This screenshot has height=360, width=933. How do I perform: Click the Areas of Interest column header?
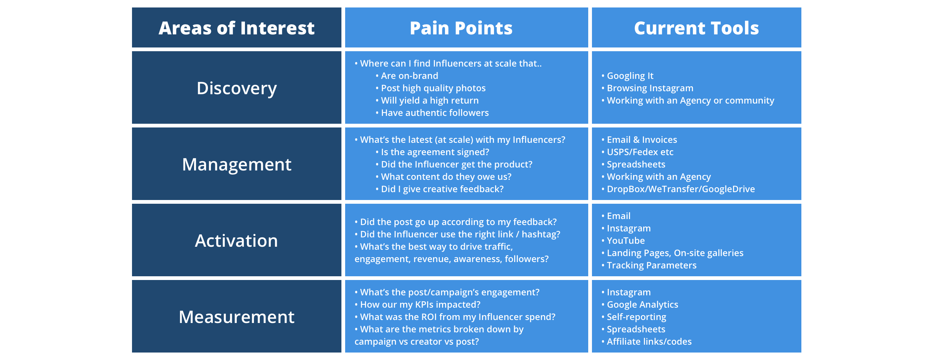pyautogui.click(x=236, y=28)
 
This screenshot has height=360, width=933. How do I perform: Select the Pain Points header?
pyautogui.click(x=461, y=28)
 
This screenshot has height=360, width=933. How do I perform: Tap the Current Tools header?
pyautogui.click(x=696, y=28)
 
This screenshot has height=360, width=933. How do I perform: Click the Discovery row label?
pyautogui.click(x=237, y=89)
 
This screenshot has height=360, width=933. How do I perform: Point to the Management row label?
pyautogui.click(x=237, y=165)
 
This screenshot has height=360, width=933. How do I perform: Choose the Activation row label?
pyautogui.click(x=236, y=241)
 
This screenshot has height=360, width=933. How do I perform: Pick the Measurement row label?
pyautogui.click(x=236, y=317)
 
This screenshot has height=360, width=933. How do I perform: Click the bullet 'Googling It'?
pyautogui.click(x=627, y=76)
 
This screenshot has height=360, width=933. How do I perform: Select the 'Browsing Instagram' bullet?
pyautogui.click(x=647, y=88)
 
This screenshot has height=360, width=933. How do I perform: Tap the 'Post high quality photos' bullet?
pyautogui.click(x=430, y=88)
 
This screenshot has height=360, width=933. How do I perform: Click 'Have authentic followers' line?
pyautogui.click(x=432, y=113)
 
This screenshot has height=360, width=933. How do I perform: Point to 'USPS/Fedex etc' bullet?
pyautogui.click(x=637, y=152)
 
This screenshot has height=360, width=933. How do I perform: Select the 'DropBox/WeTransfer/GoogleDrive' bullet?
pyautogui.click(x=678, y=189)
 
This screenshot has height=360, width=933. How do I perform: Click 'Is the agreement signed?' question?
pyautogui.click(x=432, y=152)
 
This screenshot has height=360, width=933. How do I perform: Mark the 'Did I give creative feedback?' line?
pyautogui.click(x=439, y=189)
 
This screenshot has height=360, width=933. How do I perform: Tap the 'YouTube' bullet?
pyautogui.click(x=623, y=241)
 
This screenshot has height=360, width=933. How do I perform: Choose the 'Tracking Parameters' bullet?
pyautogui.click(x=649, y=265)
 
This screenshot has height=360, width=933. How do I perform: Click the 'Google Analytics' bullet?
pyautogui.click(x=639, y=305)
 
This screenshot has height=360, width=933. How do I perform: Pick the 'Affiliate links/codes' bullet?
pyautogui.click(x=646, y=342)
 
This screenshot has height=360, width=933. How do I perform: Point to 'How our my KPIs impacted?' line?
pyautogui.click(x=417, y=305)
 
